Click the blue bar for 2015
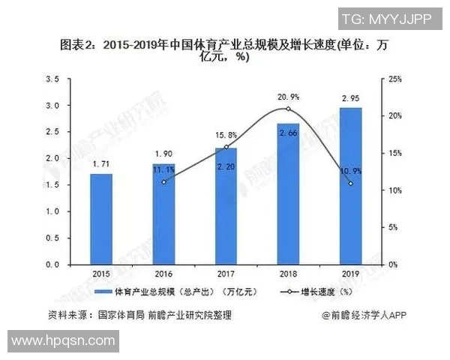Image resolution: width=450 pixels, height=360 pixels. (x=100, y=219)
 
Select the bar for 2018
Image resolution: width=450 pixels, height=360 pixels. (x=288, y=194)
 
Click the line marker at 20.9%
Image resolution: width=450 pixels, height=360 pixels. (x=288, y=109)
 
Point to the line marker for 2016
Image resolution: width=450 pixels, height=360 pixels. (x=163, y=181)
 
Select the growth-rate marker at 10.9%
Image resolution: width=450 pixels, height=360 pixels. (x=350, y=183)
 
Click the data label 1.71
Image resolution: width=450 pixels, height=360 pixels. (x=100, y=163)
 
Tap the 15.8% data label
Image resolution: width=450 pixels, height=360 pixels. (x=226, y=135)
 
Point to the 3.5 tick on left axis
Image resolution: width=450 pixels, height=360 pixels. (x=52, y=79)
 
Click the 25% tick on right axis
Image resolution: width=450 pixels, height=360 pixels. (x=397, y=79)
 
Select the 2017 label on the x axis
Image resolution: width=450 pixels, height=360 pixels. (x=226, y=274)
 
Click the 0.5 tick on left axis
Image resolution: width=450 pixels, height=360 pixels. (x=52, y=238)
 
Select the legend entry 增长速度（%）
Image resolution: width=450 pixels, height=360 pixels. (x=315, y=292)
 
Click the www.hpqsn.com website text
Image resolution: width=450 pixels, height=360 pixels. (x=59, y=341)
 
